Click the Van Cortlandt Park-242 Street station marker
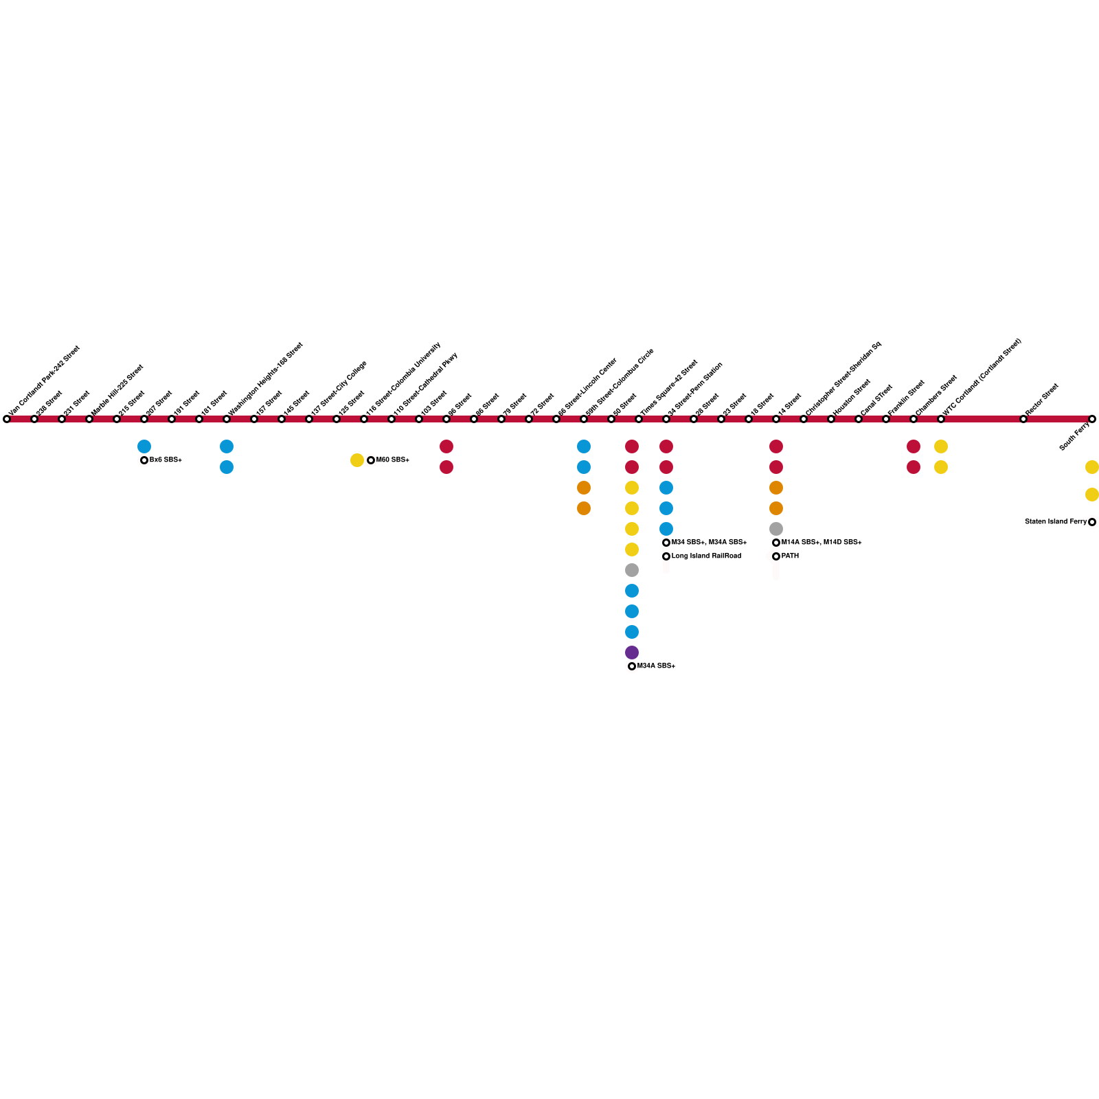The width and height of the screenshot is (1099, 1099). (x=7, y=419)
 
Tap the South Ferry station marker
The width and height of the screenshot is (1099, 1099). (x=1092, y=419)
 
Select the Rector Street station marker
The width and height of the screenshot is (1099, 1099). (x=1023, y=419)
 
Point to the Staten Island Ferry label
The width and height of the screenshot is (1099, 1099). (x=1055, y=522)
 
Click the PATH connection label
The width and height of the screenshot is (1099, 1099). (x=790, y=556)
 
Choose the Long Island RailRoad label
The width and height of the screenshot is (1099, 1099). (x=706, y=556)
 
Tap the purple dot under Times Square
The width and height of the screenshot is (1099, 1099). (x=632, y=653)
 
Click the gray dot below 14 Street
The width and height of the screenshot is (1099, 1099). (x=776, y=529)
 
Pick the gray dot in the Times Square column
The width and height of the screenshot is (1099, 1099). (x=632, y=570)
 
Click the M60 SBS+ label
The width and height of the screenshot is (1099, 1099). (x=392, y=460)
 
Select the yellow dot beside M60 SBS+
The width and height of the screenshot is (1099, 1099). (x=357, y=460)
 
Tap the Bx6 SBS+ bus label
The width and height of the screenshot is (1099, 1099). (x=166, y=460)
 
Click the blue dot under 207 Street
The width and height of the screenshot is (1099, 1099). (x=144, y=446)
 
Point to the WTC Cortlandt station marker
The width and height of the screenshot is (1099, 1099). (x=941, y=419)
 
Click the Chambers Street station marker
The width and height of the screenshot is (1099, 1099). (x=914, y=419)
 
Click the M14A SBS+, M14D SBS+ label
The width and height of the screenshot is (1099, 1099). (x=822, y=543)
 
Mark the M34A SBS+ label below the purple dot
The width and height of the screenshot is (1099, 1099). (x=656, y=666)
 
